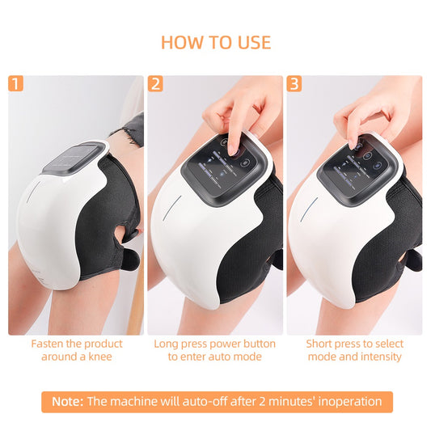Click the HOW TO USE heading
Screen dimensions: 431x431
click(215, 42)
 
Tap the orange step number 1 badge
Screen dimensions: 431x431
click(15, 83)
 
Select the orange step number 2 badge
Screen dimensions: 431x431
click(154, 83)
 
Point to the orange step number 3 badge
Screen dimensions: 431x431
click(294, 83)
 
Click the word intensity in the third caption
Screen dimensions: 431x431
click(379, 357)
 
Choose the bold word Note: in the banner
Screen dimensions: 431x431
click(67, 402)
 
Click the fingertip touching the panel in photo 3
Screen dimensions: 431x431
click(355, 143)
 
